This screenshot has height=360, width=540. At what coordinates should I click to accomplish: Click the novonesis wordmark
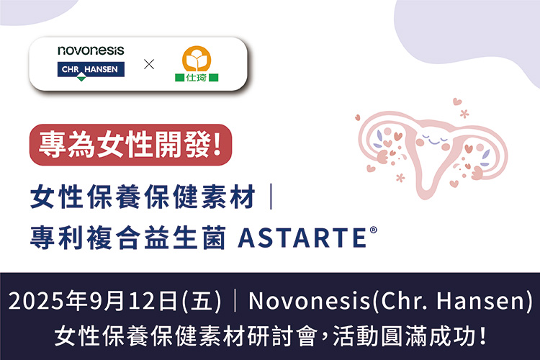click(x=91, y=50)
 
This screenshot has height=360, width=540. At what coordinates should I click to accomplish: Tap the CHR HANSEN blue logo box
click(x=91, y=69)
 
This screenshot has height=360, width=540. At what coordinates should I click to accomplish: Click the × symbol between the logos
click(x=149, y=65)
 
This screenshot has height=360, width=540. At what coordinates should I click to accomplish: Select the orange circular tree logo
click(x=196, y=58)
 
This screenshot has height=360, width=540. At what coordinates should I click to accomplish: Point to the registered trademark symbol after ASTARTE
click(x=374, y=225)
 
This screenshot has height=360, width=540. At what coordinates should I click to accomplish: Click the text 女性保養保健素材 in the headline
click(x=143, y=197)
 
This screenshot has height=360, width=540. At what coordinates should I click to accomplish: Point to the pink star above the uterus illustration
click(x=464, y=113)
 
